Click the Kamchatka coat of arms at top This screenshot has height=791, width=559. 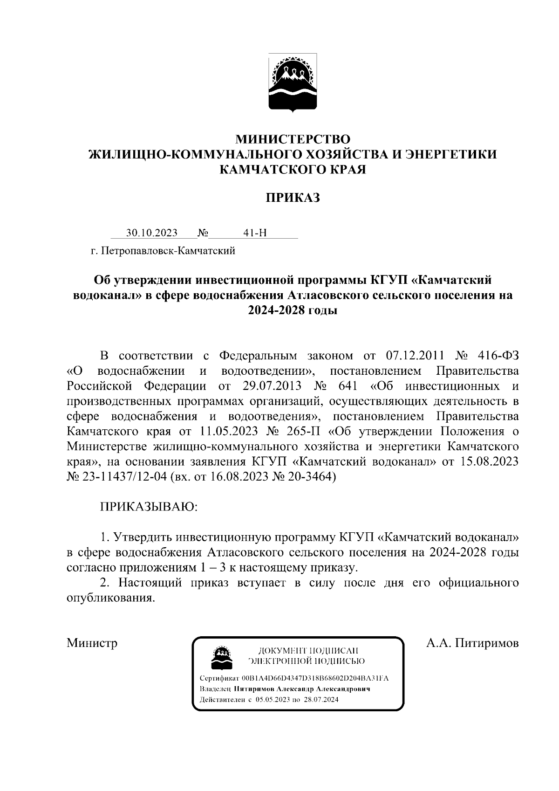293,83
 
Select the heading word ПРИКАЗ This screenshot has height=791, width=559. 293,198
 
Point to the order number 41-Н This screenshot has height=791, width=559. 255,233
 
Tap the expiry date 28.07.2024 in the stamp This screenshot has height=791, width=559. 321,700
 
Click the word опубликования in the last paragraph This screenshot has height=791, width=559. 110,598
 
